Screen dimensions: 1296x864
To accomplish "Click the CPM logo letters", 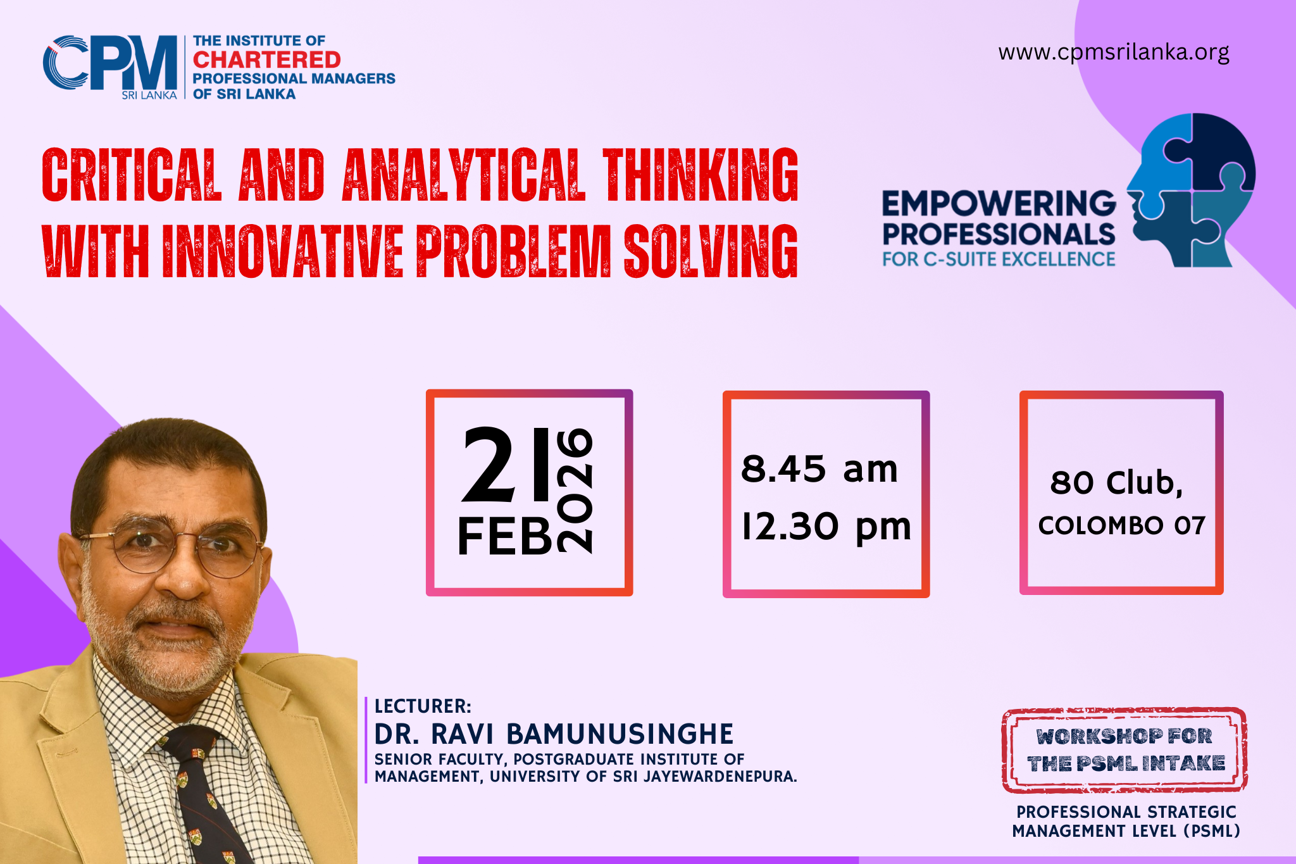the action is coord(110,62).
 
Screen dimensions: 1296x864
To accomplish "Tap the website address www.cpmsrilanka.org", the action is coord(1114,52).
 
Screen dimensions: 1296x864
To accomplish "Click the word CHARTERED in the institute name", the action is coord(266,59).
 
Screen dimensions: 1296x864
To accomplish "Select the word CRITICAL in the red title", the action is coord(132,175).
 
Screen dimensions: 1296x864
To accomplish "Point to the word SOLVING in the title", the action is coord(711,251).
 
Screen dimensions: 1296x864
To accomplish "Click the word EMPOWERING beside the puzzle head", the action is coord(999,204).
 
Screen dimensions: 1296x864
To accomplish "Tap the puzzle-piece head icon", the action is coord(1191,190).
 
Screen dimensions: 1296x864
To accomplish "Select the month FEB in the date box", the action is coord(505,536).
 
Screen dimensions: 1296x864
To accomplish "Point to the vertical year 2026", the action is coord(575,491).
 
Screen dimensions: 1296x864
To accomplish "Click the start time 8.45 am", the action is coord(819,469).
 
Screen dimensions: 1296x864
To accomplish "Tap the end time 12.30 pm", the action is coord(826,527).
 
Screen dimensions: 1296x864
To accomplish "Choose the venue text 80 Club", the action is coord(1116,482).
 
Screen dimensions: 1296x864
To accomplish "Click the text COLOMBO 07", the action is coord(1121,525).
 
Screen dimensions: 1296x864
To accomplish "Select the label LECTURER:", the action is coord(423,706).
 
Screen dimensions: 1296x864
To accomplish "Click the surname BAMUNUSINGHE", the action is coord(620,734).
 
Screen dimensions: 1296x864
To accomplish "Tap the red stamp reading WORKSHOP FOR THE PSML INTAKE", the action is coord(1125,750).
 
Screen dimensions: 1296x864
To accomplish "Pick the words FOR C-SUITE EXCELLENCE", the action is coord(999,259).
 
